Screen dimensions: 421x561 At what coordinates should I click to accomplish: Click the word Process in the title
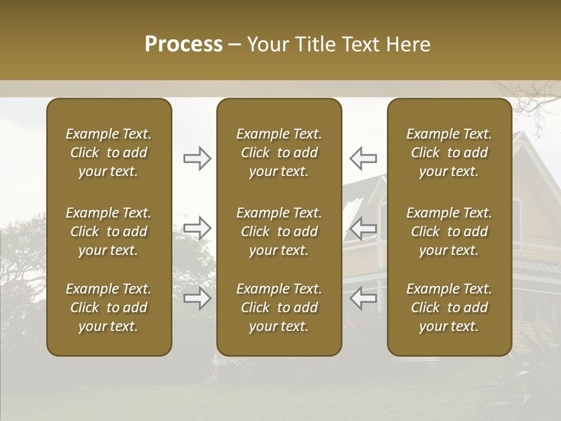click(x=183, y=44)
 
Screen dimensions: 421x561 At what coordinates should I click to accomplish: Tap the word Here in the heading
click(x=408, y=44)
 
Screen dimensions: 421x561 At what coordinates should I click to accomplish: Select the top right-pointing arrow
click(x=197, y=158)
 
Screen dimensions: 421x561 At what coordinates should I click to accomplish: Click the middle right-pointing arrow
click(x=197, y=228)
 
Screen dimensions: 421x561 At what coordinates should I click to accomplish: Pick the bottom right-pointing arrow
click(x=197, y=298)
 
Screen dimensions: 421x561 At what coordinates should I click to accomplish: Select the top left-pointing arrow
click(x=363, y=158)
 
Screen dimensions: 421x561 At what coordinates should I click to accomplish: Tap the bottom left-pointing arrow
click(x=363, y=298)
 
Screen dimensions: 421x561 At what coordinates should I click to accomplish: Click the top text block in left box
click(x=109, y=153)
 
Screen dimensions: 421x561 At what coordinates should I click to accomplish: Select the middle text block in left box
click(x=109, y=232)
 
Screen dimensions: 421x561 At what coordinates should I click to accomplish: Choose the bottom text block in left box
click(x=109, y=308)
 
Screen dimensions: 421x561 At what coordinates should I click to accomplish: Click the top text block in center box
click(x=279, y=153)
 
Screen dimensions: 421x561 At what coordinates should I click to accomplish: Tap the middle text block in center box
click(x=279, y=232)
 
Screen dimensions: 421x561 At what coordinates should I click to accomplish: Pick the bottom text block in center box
click(x=279, y=308)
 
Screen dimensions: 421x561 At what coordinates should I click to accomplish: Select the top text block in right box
click(x=449, y=153)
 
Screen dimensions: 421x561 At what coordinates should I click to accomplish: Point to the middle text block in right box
click(x=449, y=232)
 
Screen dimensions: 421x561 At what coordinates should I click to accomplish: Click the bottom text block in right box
click(x=449, y=308)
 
